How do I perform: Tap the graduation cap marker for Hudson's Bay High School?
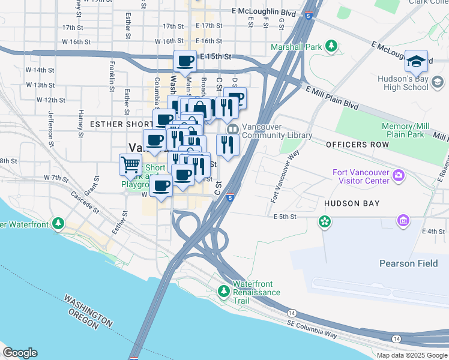[x=416, y=61]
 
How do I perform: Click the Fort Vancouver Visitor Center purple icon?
[x=398, y=176]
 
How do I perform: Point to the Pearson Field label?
[x=405, y=263]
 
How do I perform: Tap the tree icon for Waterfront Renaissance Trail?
[x=224, y=291]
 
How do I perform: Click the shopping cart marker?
[x=130, y=164]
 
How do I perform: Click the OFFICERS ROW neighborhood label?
[x=354, y=145]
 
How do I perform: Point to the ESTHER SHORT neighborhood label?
[x=118, y=124]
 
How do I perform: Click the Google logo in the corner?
[x=20, y=353]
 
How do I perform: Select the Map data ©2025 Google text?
[x=411, y=355]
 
